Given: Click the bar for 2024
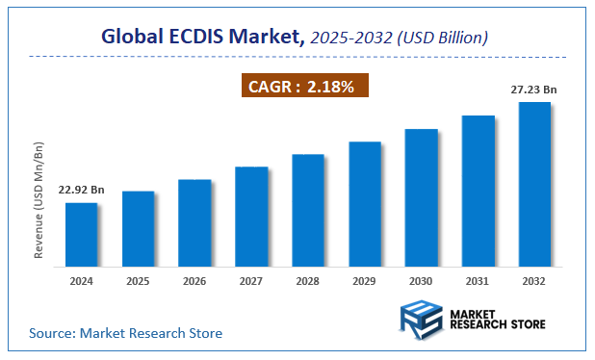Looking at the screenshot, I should click(81, 235).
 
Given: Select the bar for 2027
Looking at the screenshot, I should click(251, 217).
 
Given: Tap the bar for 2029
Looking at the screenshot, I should click(365, 204).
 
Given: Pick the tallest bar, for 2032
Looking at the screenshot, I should click(534, 184).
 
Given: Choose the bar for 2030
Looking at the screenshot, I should click(422, 197).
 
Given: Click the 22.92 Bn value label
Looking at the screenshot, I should click(81, 190).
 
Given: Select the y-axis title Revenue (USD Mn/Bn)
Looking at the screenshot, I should click(39, 200).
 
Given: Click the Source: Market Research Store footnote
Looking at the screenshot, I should click(126, 333).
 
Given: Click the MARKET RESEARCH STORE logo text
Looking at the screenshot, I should click(497, 319).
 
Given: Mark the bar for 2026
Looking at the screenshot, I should click(194, 223).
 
